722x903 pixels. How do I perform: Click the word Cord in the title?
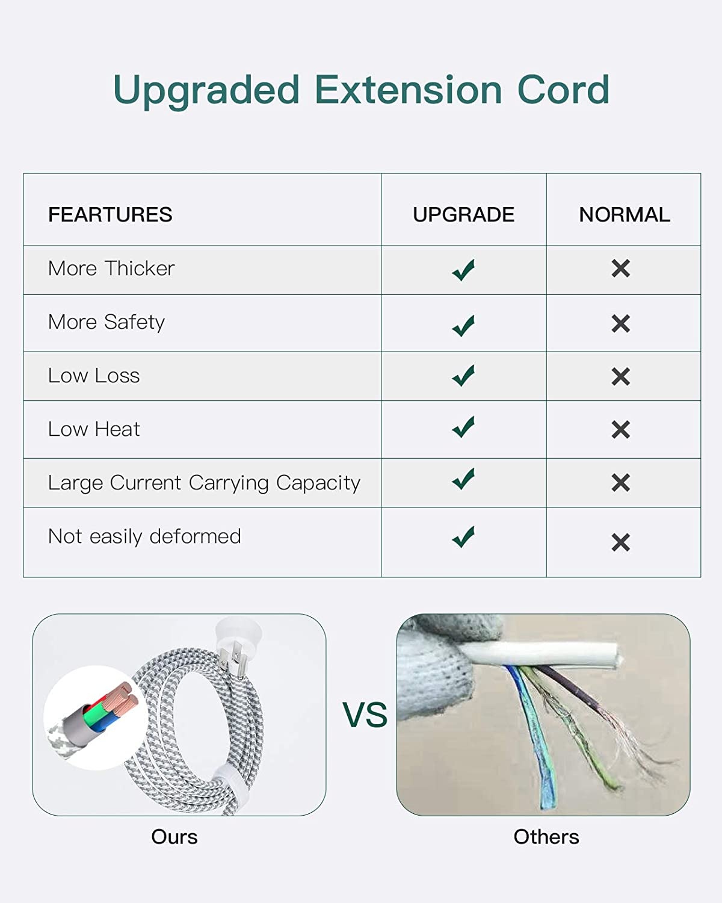(563, 89)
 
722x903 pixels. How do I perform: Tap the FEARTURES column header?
(110, 214)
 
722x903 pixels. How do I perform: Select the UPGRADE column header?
(463, 214)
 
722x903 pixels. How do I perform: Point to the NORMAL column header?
(625, 214)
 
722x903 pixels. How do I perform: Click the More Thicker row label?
(111, 268)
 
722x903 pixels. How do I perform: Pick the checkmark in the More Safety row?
(463, 325)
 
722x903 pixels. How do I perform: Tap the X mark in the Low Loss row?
(620, 376)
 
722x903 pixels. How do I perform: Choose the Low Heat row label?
(94, 429)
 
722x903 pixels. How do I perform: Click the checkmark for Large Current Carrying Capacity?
(463, 479)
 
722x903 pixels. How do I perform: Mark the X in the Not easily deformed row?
(620, 542)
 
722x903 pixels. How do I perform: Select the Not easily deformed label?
(144, 536)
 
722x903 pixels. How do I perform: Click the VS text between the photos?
(365, 714)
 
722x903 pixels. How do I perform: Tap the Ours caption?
(174, 837)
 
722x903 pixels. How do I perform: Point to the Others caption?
(546, 837)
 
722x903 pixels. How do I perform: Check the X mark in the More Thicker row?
(620, 268)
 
